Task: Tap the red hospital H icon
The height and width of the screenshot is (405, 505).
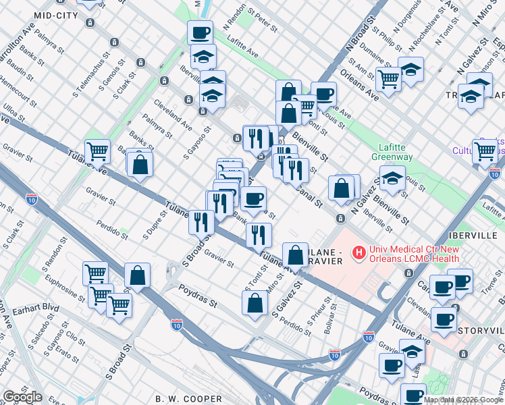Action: pos(359,253)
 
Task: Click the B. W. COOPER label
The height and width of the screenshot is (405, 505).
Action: pos(181,398)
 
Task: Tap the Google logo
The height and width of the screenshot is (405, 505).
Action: pos(22,397)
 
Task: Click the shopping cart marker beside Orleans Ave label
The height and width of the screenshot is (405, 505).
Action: pos(389,78)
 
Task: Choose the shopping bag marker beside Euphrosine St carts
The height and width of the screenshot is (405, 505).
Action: pos(137,275)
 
